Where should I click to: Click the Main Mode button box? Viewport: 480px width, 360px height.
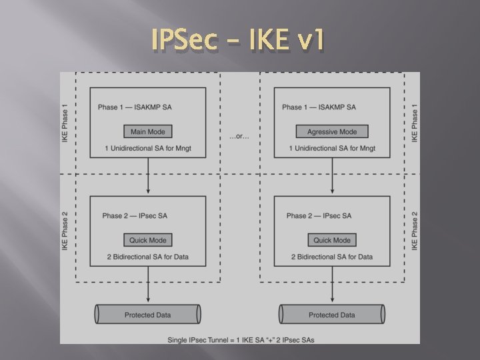click(x=148, y=131)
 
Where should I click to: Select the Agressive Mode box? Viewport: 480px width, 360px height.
click(x=332, y=131)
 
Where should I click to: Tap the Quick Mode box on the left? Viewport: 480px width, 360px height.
click(x=148, y=240)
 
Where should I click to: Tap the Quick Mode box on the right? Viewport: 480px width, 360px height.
click(x=332, y=240)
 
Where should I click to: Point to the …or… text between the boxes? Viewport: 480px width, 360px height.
click(x=240, y=136)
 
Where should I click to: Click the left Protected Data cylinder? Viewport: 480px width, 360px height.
click(x=148, y=315)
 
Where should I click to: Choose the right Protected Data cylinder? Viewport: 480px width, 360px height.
click(x=332, y=315)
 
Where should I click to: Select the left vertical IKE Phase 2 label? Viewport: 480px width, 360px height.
click(x=65, y=231)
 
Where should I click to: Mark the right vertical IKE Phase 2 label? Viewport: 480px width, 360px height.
click(x=415, y=231)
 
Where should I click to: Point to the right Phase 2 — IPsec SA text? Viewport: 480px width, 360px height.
click(x=319, y=215)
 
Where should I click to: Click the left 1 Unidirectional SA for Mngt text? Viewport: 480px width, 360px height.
click(x=148, y=148)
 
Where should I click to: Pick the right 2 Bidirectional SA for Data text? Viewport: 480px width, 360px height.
click(x=332, y=257)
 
